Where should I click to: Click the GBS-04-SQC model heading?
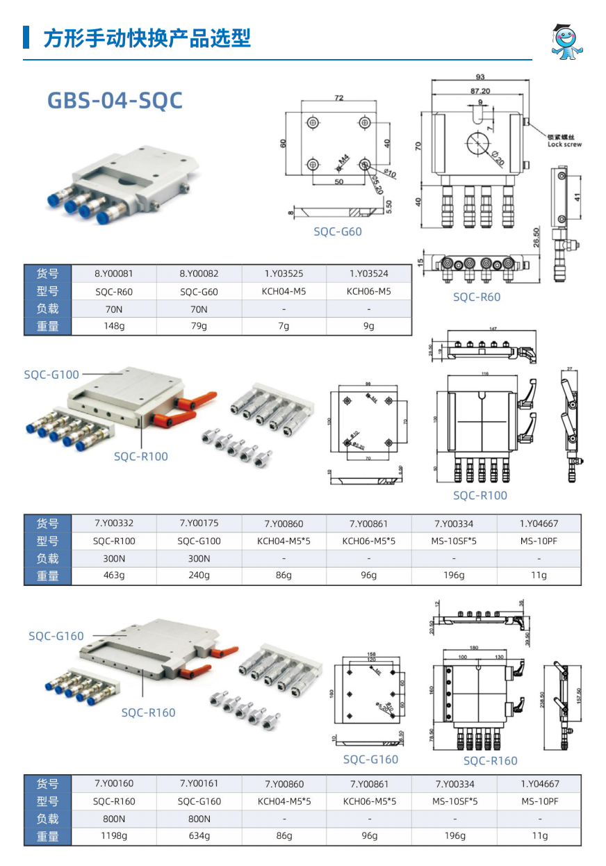[115, 100]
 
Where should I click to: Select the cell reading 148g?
[114, 326]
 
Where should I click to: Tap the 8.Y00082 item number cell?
[199, 274]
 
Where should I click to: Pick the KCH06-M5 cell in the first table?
[368, 291]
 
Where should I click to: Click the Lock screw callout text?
[564, 141]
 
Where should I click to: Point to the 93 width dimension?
[480, 77]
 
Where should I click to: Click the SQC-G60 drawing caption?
[338, 231]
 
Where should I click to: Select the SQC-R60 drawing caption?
[477, 297]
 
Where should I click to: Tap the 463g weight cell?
[114, 575]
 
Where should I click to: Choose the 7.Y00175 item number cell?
[199, 523]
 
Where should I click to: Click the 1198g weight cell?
[114, 836]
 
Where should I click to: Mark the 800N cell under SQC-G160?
[199, 819]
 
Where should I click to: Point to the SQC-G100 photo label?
[51, 375]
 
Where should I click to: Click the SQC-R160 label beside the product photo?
[148, 712]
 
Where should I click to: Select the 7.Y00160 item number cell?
[114, 784]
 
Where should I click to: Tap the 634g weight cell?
[199, 836]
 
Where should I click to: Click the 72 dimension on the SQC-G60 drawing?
[338, 98]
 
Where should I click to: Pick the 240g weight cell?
[199, 575]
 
